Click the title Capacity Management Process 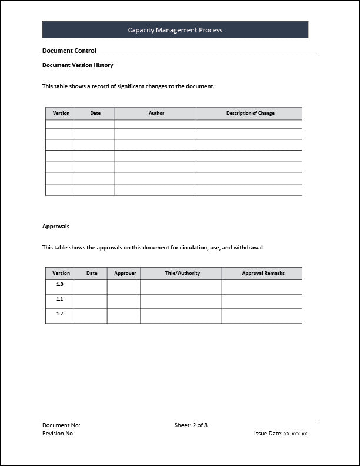point(175,30)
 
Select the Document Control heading point(69,51)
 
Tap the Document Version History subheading point(78,65)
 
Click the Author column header point(156,114)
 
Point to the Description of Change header point(250,114)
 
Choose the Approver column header point(125,273)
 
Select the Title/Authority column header point(182,273)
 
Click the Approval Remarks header point(263,273)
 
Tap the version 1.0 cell point(59,285)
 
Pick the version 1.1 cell point(59,299)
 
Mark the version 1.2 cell point(59,314)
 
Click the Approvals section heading point(56,226)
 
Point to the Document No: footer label point(61,425)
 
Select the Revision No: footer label point(58,434)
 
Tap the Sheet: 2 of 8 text point(191,425)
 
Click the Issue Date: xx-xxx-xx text point(281,434)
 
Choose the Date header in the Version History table point(95,114)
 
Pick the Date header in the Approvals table point(92,273)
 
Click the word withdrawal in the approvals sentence point(248,248)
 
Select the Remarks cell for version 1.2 point(262,316)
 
